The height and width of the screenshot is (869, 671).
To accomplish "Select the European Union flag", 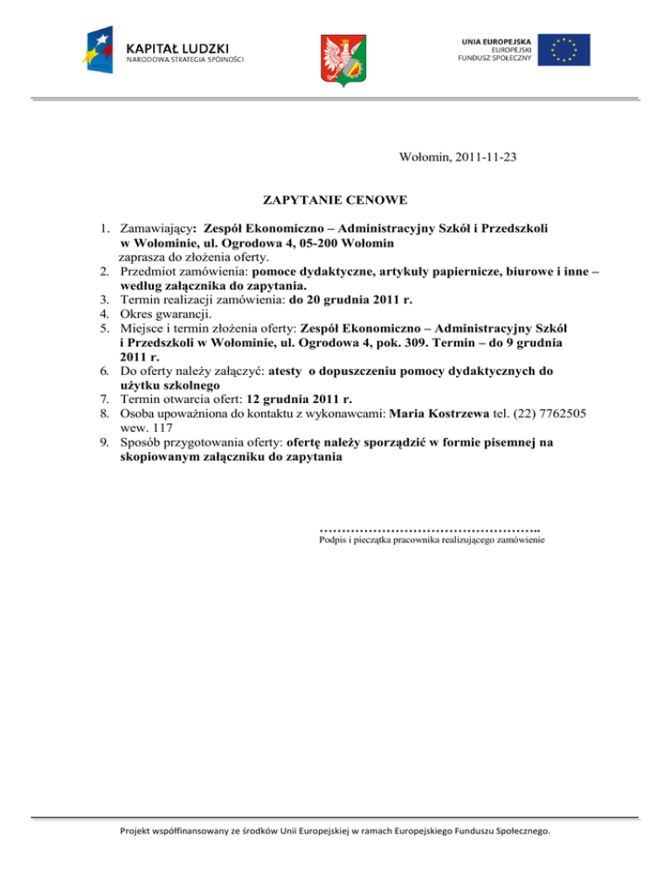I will click(564, 49).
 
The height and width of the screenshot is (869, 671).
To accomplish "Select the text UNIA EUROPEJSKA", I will click(493, 39).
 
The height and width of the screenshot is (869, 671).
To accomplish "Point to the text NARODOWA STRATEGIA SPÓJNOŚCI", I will click(184, 61).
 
